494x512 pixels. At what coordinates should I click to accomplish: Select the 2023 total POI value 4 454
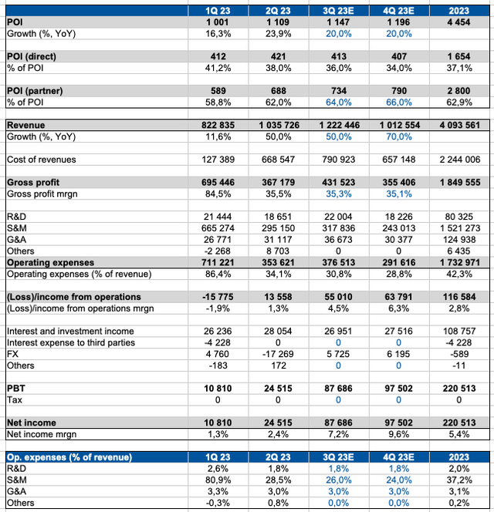[x=454, y=23]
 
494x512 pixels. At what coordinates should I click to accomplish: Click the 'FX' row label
[x=12, y=354]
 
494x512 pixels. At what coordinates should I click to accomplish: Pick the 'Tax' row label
[x=15, y=400]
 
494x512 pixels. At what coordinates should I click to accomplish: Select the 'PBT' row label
[x=16, y=389]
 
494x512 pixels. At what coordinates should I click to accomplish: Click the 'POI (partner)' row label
[x=36, y=91]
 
